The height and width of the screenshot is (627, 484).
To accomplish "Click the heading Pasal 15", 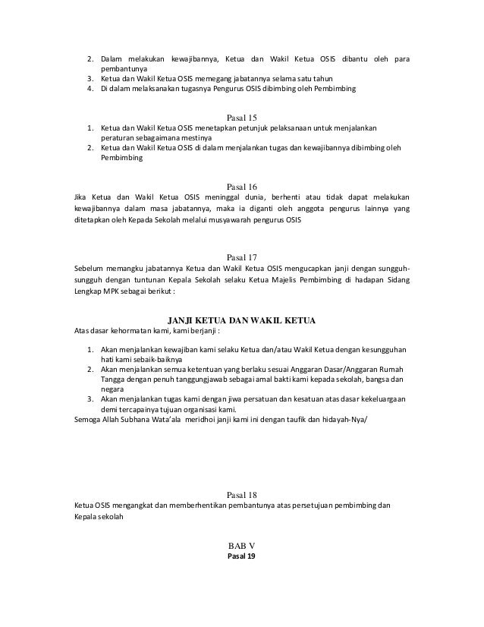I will click(x=243, y=117).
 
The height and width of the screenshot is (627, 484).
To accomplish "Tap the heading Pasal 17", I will click(x=243, y=257).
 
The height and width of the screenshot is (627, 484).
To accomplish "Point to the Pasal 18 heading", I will click(x=243, y=493).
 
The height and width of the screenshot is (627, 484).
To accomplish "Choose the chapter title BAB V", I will click(x=243, y=546).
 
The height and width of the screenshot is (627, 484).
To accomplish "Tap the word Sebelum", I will click(x=88, y=269).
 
